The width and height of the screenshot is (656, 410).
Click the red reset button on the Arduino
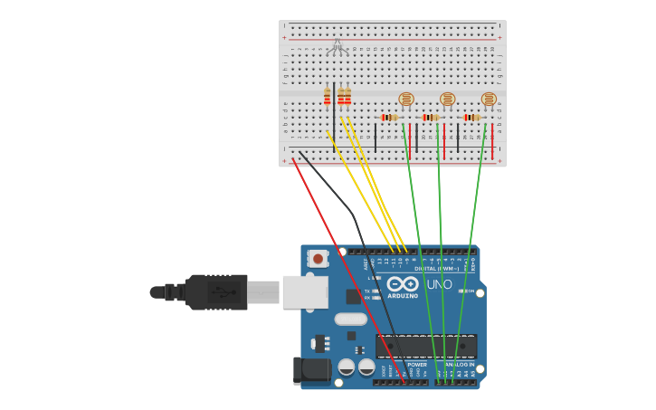tap(318, 258)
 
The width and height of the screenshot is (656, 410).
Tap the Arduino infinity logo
tap(403, 284)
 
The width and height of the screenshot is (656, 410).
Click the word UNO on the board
tap(439, 284)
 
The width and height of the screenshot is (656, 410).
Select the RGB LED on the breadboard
tap(338, 46)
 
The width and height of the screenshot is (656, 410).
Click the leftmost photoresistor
tap(406, 99)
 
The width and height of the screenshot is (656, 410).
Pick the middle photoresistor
tap(447, 99)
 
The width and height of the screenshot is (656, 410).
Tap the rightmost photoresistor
tap(489, 99)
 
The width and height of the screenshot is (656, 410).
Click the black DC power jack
tap(312, 369)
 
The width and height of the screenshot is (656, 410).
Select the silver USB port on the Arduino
tap(305, 291)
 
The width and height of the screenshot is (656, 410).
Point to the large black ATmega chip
tap(425, 346)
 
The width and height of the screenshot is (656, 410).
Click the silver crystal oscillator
tap(350, 319)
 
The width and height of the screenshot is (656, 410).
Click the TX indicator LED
tap(374, 291)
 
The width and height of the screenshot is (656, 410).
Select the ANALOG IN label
tap(459, 365)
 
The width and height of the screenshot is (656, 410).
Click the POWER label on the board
tap(417, 365)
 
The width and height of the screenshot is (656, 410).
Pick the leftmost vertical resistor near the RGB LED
tap(328, 97)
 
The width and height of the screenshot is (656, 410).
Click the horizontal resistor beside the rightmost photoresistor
tap(471, 117)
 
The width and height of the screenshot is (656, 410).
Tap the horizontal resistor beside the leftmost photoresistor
tap(389, 117)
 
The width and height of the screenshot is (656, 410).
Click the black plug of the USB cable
tap(215, 292)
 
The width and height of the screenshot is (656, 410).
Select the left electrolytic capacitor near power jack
tap(347, 367)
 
